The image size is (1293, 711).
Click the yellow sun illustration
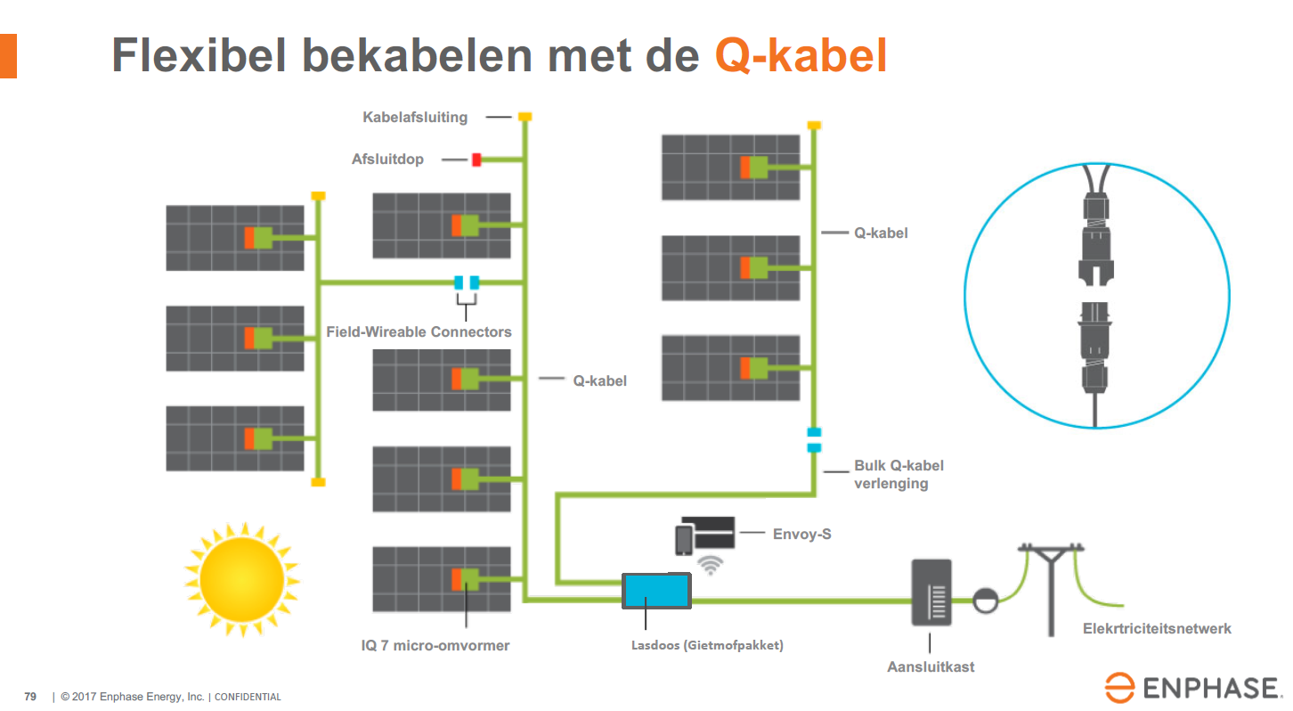241,580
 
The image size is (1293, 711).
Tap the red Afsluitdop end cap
476,159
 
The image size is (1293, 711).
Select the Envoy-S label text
802,535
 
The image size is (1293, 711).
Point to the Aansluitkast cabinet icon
931,592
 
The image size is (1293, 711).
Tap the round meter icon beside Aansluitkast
985,600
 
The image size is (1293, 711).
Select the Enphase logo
1192,688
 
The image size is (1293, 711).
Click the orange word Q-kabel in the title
801,56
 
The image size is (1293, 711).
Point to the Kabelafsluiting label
415,117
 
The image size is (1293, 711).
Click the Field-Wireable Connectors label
419,331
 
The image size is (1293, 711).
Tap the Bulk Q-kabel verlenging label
898,474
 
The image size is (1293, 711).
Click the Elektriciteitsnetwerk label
1157,628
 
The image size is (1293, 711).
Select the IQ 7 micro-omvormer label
429,645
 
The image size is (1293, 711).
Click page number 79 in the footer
30,697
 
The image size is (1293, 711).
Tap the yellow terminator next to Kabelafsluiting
525,116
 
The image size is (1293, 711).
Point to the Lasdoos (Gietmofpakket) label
701,645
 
